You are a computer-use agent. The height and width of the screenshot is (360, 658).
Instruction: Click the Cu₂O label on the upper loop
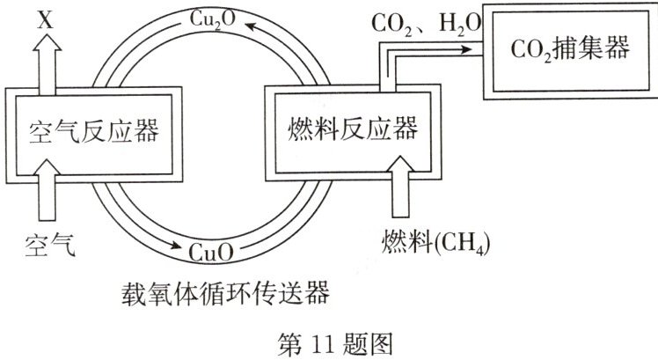point(215,17)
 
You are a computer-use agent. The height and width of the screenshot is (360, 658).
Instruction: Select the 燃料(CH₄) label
point(435,239)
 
